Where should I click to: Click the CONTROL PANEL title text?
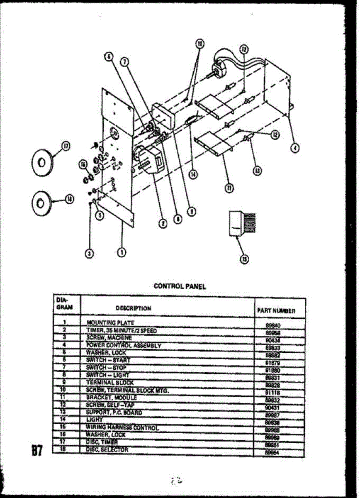coord(180,286)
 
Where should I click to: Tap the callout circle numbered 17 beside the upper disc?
coord(66,146)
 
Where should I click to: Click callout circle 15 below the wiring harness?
coord(245,259)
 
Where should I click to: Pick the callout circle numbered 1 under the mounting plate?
coord(122,251)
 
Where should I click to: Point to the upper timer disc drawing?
coord(42,161)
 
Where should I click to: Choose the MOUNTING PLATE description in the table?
coord(110,322)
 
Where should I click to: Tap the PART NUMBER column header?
coord(276,310)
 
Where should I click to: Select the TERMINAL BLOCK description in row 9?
coord(110,382)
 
